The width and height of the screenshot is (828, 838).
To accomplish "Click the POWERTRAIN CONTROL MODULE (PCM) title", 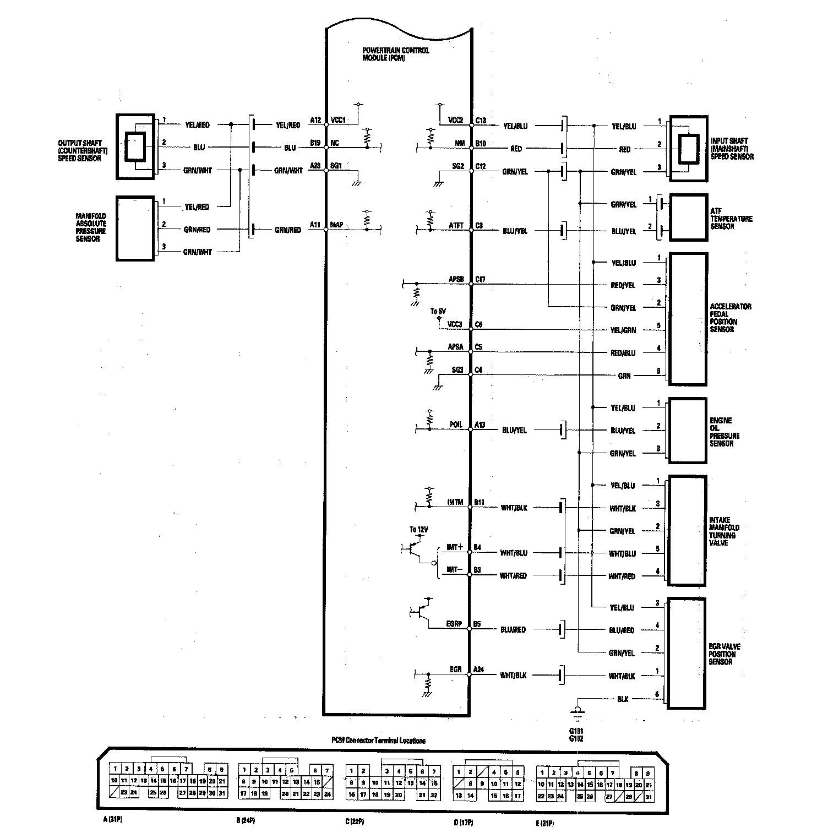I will pyautogui.click(x=395, y=54).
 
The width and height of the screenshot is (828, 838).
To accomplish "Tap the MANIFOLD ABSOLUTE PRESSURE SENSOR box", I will pyautogui.click(x=135, y=227).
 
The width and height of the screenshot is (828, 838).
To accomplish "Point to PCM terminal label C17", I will pyautogui.click(x=481, y=280).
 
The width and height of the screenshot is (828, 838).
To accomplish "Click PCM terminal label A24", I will pyautogui.click(x=480, y=670).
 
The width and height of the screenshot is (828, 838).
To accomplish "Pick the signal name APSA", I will pyautogui.click(x=455, y=347).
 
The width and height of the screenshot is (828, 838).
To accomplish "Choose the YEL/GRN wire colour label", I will pyautogui.click(x=623, y=330).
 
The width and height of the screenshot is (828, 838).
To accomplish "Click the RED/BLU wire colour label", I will pyautogui.click(x=623, y=353).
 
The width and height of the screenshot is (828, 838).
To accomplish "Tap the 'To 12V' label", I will pyautogui.click(x=418, y=530).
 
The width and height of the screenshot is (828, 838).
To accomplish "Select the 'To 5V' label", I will pyautogui.click(x=438, y=312).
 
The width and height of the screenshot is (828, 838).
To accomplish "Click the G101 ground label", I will pyautogui.click(x=576, y=732).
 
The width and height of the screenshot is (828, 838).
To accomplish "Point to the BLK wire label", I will pyautogui.click(x=623, y=699).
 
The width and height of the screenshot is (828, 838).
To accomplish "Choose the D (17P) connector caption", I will pyautogui.click(x=463, y=823).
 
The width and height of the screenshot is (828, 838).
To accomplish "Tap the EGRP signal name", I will pyautogui.click(x=454, y=624).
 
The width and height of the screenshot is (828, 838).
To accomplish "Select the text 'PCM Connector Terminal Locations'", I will pyautogui.click(x=378, y=741).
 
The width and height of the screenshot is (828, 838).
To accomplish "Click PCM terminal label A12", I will pyautogui.click(x=315, y=120).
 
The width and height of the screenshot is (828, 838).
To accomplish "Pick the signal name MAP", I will pyautogui.click(x=336, y=225).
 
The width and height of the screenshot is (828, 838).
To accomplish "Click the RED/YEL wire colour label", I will pyautogui.click(x=623, y=285).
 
